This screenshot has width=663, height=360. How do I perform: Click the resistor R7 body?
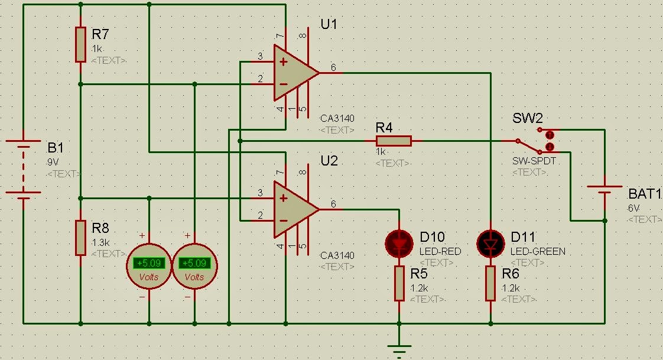point(81,44)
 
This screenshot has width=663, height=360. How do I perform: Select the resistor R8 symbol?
point(81,237)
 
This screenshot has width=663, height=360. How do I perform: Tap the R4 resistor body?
point(394,141)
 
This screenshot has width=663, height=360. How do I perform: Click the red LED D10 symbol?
point(399,243)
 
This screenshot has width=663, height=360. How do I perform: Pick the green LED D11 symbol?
point(490,243)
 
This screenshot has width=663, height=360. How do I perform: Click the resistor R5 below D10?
point(399,283)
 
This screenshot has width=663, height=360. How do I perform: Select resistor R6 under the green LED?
point(490,283)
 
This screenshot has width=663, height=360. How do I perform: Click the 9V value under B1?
point(54,161)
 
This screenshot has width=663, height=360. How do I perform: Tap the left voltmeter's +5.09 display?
point(148,263)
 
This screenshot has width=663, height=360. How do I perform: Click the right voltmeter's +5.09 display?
point(194,263)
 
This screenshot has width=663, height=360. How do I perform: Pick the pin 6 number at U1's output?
point(334,68)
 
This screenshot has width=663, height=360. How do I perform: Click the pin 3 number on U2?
point(260,193)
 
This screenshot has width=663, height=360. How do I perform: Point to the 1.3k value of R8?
point(100,242)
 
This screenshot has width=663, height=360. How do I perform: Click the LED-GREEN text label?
point(538,251)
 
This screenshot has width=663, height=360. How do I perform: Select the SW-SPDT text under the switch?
point(534,161)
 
